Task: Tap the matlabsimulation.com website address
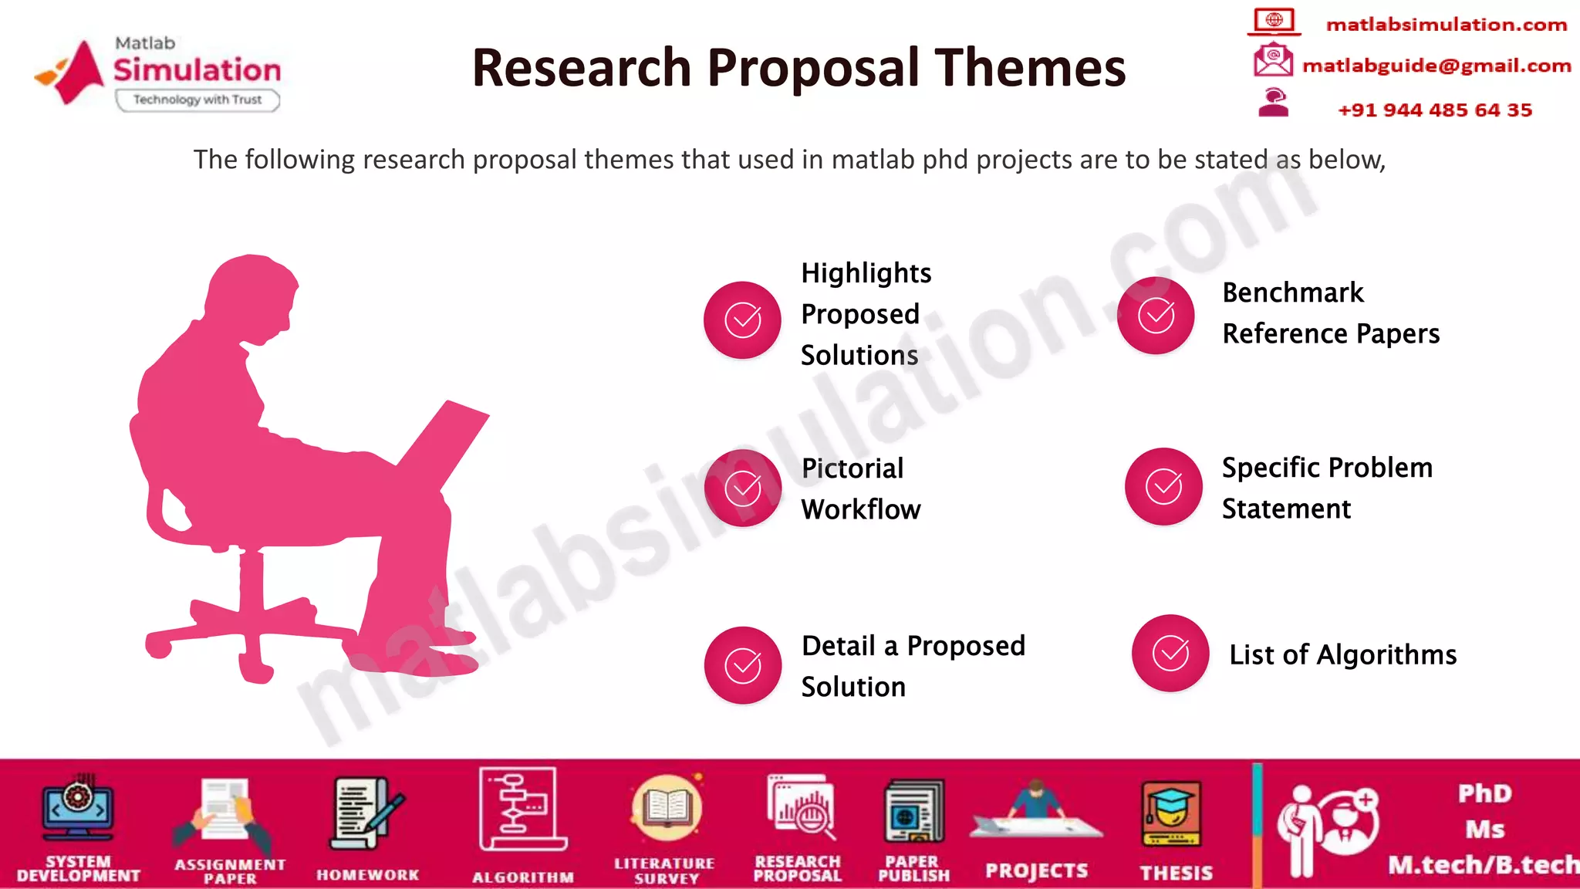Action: click(1446, 25)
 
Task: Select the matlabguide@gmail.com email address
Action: click(1436, 66)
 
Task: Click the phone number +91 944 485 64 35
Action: click(1434, 110)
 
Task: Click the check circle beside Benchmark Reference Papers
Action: click(1156, 316)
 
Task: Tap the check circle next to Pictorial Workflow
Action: click(742, 488)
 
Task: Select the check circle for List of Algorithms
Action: click(1170, 654)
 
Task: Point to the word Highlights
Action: click(866, 273)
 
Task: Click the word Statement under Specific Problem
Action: click(1286, 509)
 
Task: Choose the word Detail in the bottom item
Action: click(838, 646)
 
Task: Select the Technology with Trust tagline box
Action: click(197, 100)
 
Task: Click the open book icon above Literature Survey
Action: click(666, 809)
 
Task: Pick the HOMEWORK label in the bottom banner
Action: click(367, 875)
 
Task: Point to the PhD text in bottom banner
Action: click(1484, 793)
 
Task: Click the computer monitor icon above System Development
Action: click(78, 810)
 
